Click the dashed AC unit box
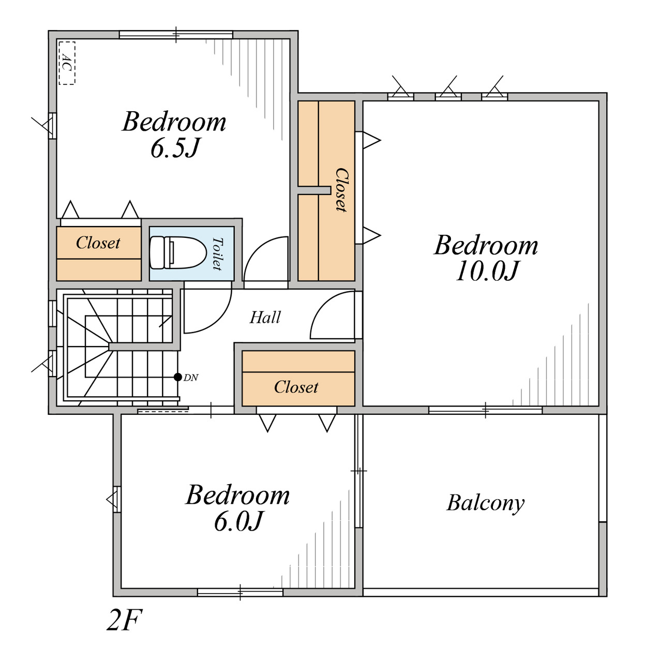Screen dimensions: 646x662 [x=67, y=63]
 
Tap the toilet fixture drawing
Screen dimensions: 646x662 [x=178, y=253]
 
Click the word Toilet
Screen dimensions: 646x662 [x=217, y=253]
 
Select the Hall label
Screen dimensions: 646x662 [x=265, y=318]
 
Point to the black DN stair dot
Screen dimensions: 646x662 [x=177, y=377]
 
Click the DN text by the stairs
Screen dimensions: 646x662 [x=191, y=378]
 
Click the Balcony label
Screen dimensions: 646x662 [x=486, y=503]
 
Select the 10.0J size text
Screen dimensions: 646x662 [x=487, y=271]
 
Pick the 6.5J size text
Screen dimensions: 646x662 [x=175, y=148]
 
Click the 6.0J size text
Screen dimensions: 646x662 [x=238, y=521]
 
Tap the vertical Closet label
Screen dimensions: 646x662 [x=341, y=190]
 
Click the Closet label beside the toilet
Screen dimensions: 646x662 [x=98, y=243]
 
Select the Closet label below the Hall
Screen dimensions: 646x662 [x=296, y=387]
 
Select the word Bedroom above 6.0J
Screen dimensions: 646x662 [x=238, y=495]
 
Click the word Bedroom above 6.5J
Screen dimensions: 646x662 [x=174, y=122]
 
